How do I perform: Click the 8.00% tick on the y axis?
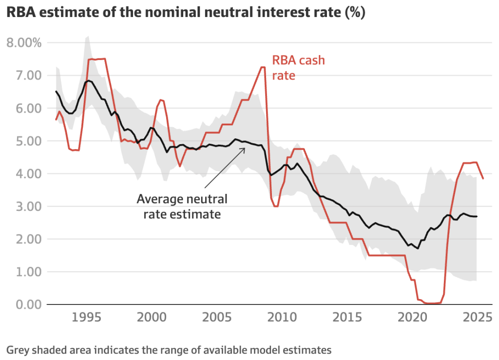[x=24, y=43]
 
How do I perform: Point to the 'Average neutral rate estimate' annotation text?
[x=181, y=206]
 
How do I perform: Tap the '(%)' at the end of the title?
[x=355, y=13]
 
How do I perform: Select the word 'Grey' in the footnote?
[x=17, y=349]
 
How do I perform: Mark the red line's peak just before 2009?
[x=262, y=67]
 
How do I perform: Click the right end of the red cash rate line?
[x=483, y=179]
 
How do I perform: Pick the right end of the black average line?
[x=477, y=216]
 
